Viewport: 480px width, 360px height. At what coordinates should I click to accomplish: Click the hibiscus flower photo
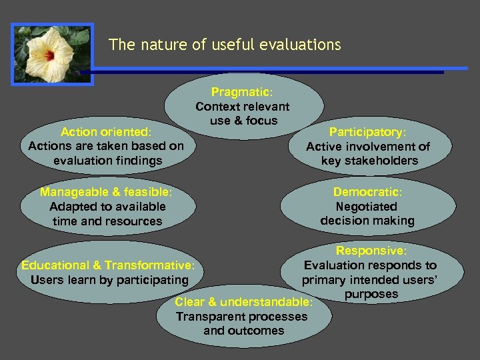click(52, 54)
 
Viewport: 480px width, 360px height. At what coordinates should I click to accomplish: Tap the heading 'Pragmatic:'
click(241, 92)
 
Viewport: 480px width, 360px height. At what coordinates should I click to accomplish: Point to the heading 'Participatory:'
click(367, 131)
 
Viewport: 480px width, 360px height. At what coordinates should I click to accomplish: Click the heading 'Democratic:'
click(367, 192)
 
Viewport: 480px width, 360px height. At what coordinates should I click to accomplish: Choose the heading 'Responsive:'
click(370, 251)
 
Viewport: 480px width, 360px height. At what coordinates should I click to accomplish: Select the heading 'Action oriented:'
click(106, 131)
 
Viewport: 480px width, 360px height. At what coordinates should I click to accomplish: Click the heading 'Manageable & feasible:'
click(106, 192)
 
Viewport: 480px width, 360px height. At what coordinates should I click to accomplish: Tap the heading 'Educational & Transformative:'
click(108, 265)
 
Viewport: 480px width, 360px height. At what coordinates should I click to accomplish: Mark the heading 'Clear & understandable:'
click(243, 302)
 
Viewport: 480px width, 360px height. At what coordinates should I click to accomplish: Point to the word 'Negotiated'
click(366, 207)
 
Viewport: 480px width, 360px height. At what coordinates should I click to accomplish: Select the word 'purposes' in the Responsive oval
click(371, 294)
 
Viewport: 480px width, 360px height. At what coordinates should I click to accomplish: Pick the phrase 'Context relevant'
click(242, 107)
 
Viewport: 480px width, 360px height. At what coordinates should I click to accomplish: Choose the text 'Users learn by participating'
click(109, 279)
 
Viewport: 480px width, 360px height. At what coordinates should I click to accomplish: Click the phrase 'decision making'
click(367, 221)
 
